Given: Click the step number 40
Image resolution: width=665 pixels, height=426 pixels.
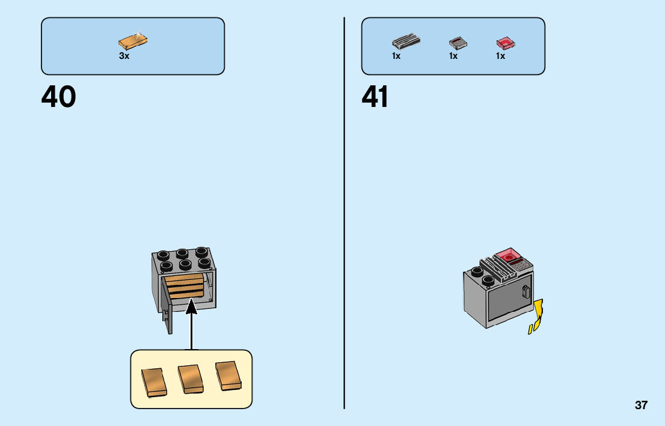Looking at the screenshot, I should tap(59, 97).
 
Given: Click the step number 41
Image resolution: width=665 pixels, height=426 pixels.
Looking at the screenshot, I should tap(375, 97).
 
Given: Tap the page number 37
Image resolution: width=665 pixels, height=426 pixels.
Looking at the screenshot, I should tap(641, 405).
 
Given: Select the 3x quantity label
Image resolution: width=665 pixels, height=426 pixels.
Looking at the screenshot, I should tap(124, 56).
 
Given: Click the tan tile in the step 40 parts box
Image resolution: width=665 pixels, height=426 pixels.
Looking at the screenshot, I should tap(133, 41).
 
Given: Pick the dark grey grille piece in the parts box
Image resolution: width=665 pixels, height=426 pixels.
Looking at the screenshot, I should tap(406, 42).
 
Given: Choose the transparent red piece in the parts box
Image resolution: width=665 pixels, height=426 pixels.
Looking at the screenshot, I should tap(507, 42).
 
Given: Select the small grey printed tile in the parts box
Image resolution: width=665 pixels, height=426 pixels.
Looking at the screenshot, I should tap(458, 43).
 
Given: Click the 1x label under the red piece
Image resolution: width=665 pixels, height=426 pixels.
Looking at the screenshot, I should tap(500, 56).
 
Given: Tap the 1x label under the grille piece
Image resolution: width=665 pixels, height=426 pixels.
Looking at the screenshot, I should tap(396, 56).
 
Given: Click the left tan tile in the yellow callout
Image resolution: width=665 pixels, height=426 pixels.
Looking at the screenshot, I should tap(154, 381).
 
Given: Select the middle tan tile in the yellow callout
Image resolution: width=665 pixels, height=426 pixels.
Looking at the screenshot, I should tap(191, 379).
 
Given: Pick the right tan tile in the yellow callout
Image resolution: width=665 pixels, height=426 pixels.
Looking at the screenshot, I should tap(228, 375).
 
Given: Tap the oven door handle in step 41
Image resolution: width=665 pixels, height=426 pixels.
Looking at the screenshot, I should tap(526, 293).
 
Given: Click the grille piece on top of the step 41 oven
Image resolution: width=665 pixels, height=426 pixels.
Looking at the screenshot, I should tap(498, 267).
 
